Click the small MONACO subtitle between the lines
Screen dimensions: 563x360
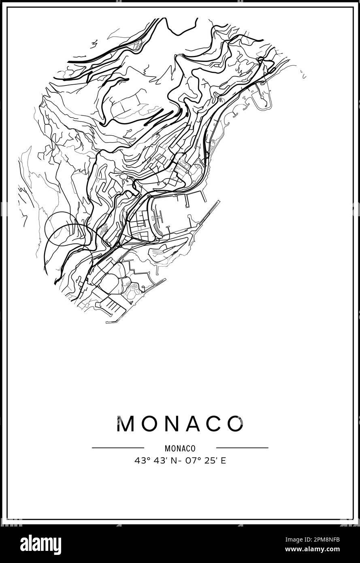click(180, 448)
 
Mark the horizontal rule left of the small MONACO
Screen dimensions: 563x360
click(118, 448)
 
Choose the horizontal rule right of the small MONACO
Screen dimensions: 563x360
click(242, 448)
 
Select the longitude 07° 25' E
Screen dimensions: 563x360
click(204, 461)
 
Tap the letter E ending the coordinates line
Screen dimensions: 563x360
click(224, 461)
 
